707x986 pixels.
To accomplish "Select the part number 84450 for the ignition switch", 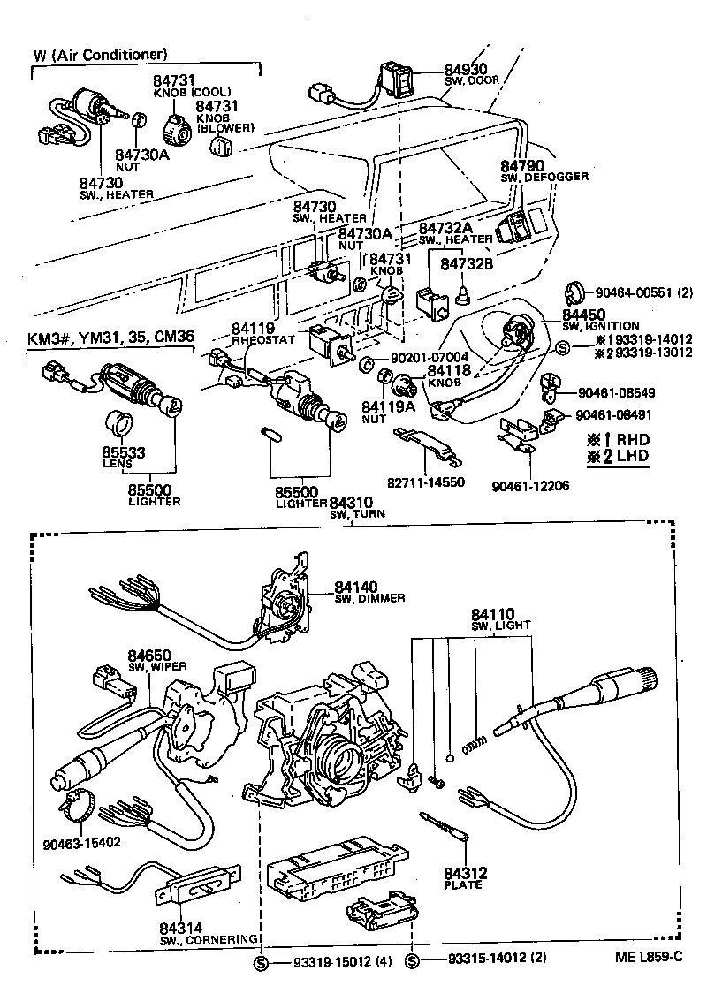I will point(584,315).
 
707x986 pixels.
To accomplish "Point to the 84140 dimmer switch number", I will point(355,586).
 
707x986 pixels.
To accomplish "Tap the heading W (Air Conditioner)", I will point(100,55).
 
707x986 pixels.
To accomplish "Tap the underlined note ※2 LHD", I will point(617,456).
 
